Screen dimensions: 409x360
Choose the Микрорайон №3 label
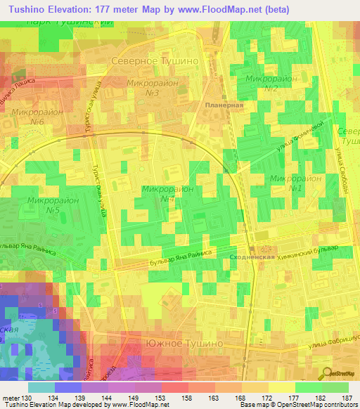[x=150, y=88]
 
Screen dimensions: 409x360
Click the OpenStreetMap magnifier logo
[x=328, y=374]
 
